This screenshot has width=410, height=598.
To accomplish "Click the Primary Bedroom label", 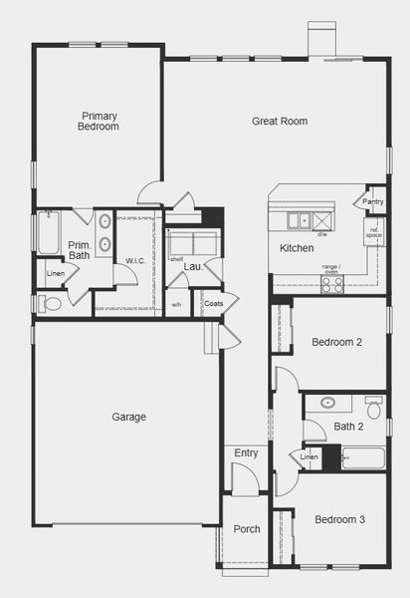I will coord(100,122).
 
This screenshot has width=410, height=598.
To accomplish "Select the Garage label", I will coord(129,417).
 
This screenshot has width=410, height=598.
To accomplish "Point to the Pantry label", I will coord(373,202).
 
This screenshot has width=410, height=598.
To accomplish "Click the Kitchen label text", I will coord(297,248).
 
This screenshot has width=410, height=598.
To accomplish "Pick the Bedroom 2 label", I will coord(336,342).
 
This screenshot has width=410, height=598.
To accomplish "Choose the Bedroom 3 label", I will coord(339,520).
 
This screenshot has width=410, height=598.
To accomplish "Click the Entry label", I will coord(246,453).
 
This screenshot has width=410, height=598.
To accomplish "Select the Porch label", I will coord(246,529).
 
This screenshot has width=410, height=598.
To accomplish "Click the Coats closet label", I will coord(213,302).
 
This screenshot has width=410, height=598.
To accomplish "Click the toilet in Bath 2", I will coord(374,409).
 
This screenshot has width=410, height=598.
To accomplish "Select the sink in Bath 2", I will coord(327,405).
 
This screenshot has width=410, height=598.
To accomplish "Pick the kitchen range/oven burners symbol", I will coord(331,282).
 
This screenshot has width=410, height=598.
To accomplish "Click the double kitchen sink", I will coord(298,220).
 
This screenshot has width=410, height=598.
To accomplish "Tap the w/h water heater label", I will coord(176,305).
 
